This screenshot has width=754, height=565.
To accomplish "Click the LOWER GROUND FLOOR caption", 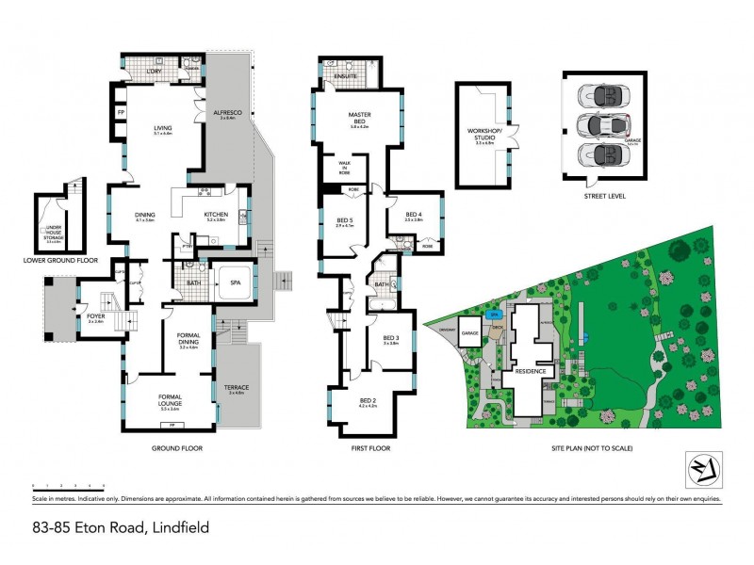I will pos(61,259).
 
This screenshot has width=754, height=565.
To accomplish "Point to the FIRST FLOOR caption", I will pos(370,448).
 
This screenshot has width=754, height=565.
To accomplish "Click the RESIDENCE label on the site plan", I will pos(532,371).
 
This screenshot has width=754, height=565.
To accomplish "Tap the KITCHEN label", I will pos(217,215).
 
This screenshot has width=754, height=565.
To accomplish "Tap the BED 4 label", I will pos(414,215).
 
